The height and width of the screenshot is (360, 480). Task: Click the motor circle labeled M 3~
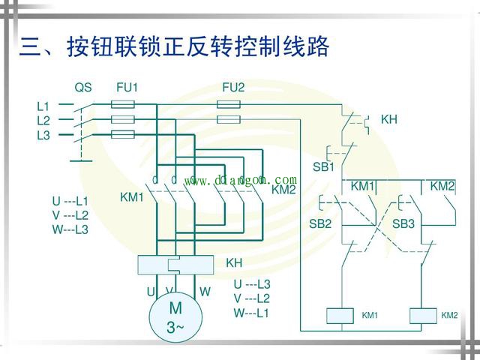(x=175, y=317)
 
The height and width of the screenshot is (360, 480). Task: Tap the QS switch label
(x=83, y=88)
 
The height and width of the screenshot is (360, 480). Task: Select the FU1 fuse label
(x=127, y=88)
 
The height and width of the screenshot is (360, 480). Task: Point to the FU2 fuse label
(x=233, y=88)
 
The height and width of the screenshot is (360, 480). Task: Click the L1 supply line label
(x=43, y=106)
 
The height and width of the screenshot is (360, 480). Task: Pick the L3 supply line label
(x=43, y=135)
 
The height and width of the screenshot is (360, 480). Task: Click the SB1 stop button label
(x=323, y=166)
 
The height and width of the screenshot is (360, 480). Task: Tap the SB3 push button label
(x=403, y=223)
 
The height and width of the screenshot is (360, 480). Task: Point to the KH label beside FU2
(x=389, y=119)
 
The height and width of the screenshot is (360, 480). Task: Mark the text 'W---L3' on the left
(x=70, y=229)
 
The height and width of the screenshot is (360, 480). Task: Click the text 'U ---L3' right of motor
(x=252, y=284)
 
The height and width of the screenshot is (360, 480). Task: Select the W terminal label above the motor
(x=205, y=291)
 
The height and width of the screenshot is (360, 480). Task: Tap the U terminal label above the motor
(x=151, y=291)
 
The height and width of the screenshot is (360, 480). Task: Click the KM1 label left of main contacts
(x=131, y=197)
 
